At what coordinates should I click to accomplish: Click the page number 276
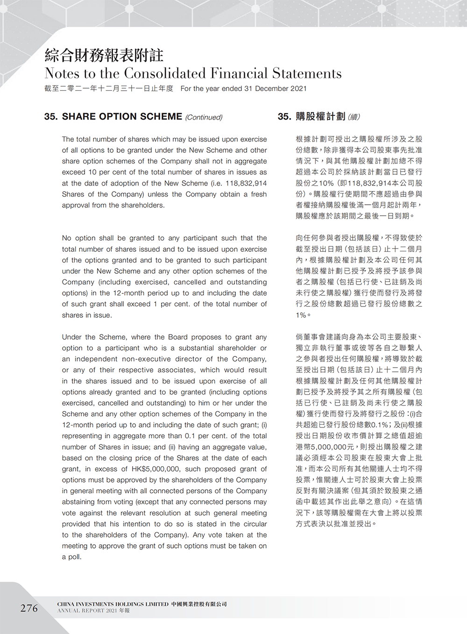[x=29, y=608]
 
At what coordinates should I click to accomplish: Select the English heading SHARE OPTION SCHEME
[x=122, y=116]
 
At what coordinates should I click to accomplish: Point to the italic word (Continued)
[x=204, y=117]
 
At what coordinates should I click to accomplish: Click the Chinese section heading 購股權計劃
[x=320, y=116]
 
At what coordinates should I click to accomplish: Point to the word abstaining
[x=80, y=502]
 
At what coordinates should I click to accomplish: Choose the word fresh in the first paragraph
[x=258, y=194]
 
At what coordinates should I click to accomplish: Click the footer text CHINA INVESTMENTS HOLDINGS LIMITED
[x=113, y=604]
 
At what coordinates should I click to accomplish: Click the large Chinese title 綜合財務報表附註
[x=104, y=55]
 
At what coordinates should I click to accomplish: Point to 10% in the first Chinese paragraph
[x=326, y=183]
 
